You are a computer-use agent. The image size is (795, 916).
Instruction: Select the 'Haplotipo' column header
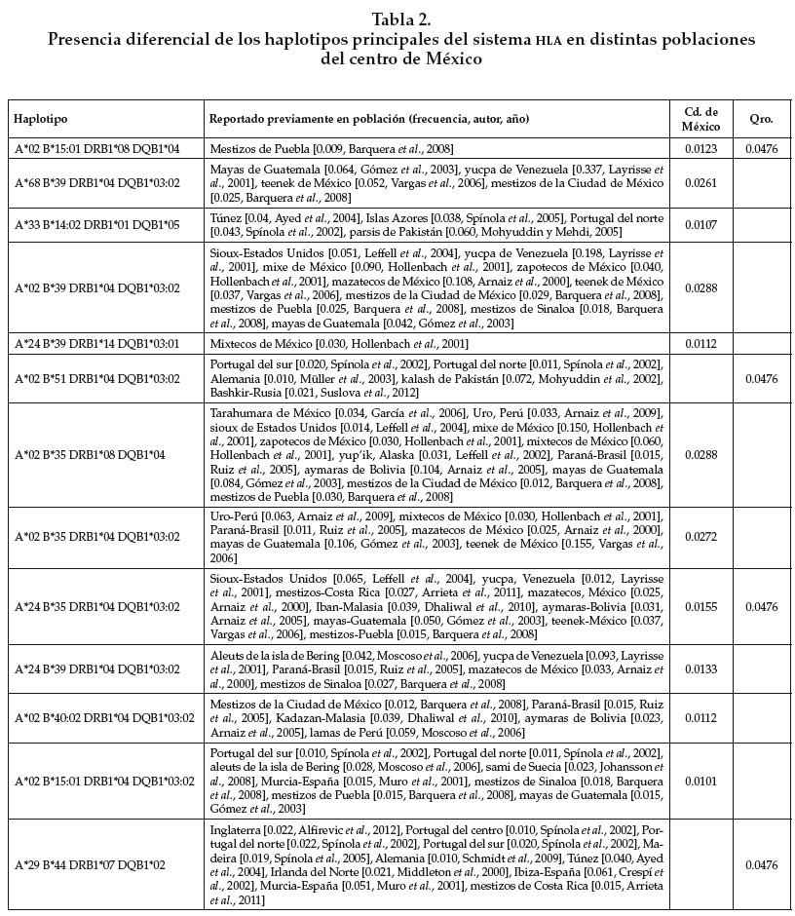click(41, 119)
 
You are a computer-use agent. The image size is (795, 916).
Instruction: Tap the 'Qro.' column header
click(761, 119)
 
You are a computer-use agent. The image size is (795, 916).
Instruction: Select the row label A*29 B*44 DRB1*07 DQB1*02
click(90, 865)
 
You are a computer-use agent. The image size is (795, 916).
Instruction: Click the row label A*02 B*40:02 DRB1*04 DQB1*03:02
click(103, 718)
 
